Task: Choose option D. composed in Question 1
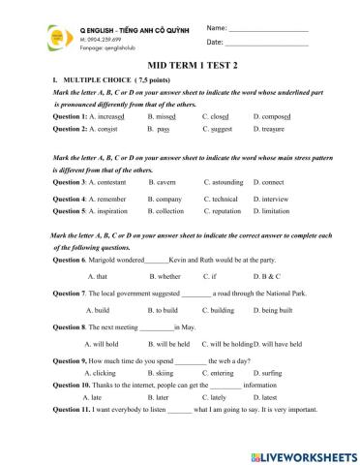click(x=272, y=115)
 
